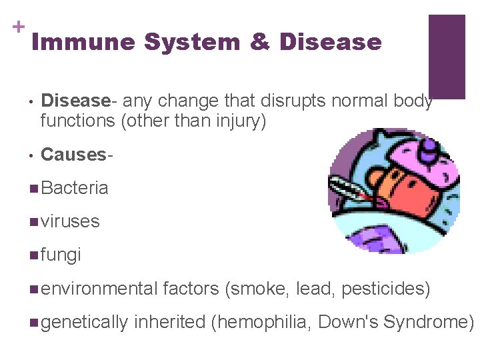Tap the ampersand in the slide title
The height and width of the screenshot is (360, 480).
pos(259,43)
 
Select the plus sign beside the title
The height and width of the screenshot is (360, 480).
pos(17,27)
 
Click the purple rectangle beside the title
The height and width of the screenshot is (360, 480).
pos(446,57)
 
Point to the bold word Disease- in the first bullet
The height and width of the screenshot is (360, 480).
pos(75,101)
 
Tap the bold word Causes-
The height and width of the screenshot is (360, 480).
pos(73,155)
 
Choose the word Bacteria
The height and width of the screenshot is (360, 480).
pos(74,188)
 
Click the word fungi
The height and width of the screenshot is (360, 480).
pos(61,254)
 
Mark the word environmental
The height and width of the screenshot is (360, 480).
pos(98,289)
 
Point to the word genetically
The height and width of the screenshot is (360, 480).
pos(84,322)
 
